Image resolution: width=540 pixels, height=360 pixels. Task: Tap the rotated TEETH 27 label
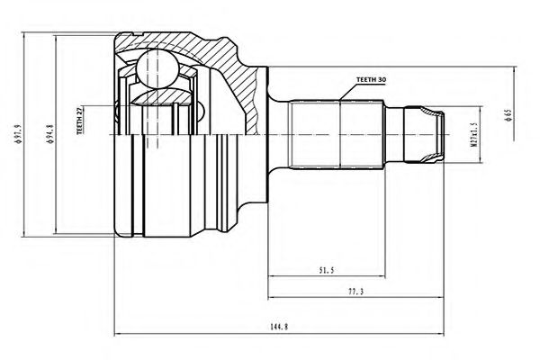(x=81, y=121)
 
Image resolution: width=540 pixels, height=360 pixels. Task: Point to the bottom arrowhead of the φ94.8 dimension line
(x=58, y=233)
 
